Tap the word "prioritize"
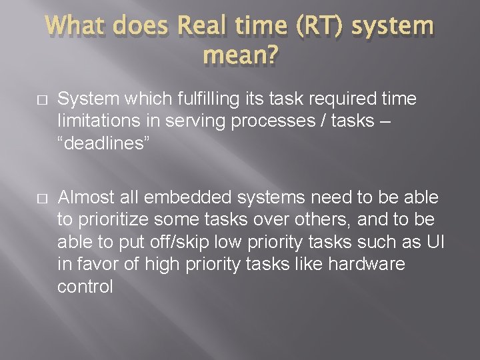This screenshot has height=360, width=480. [119, 220]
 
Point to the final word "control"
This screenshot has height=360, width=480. [85, 287]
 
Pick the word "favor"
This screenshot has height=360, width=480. [101, 265]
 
